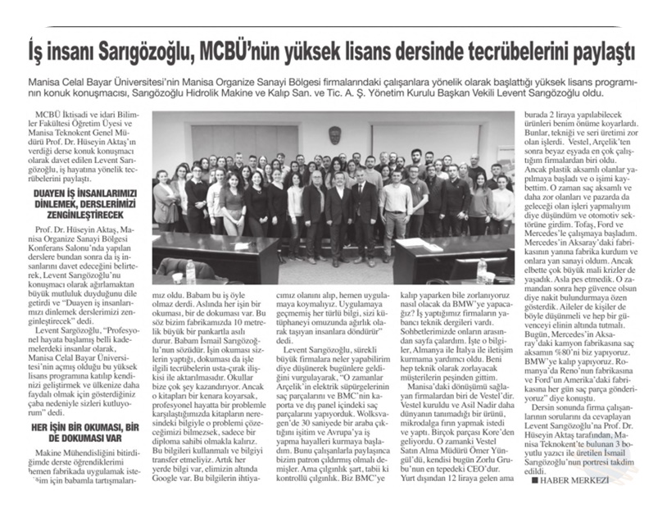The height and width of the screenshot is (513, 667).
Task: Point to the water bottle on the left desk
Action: pos(190,270)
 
